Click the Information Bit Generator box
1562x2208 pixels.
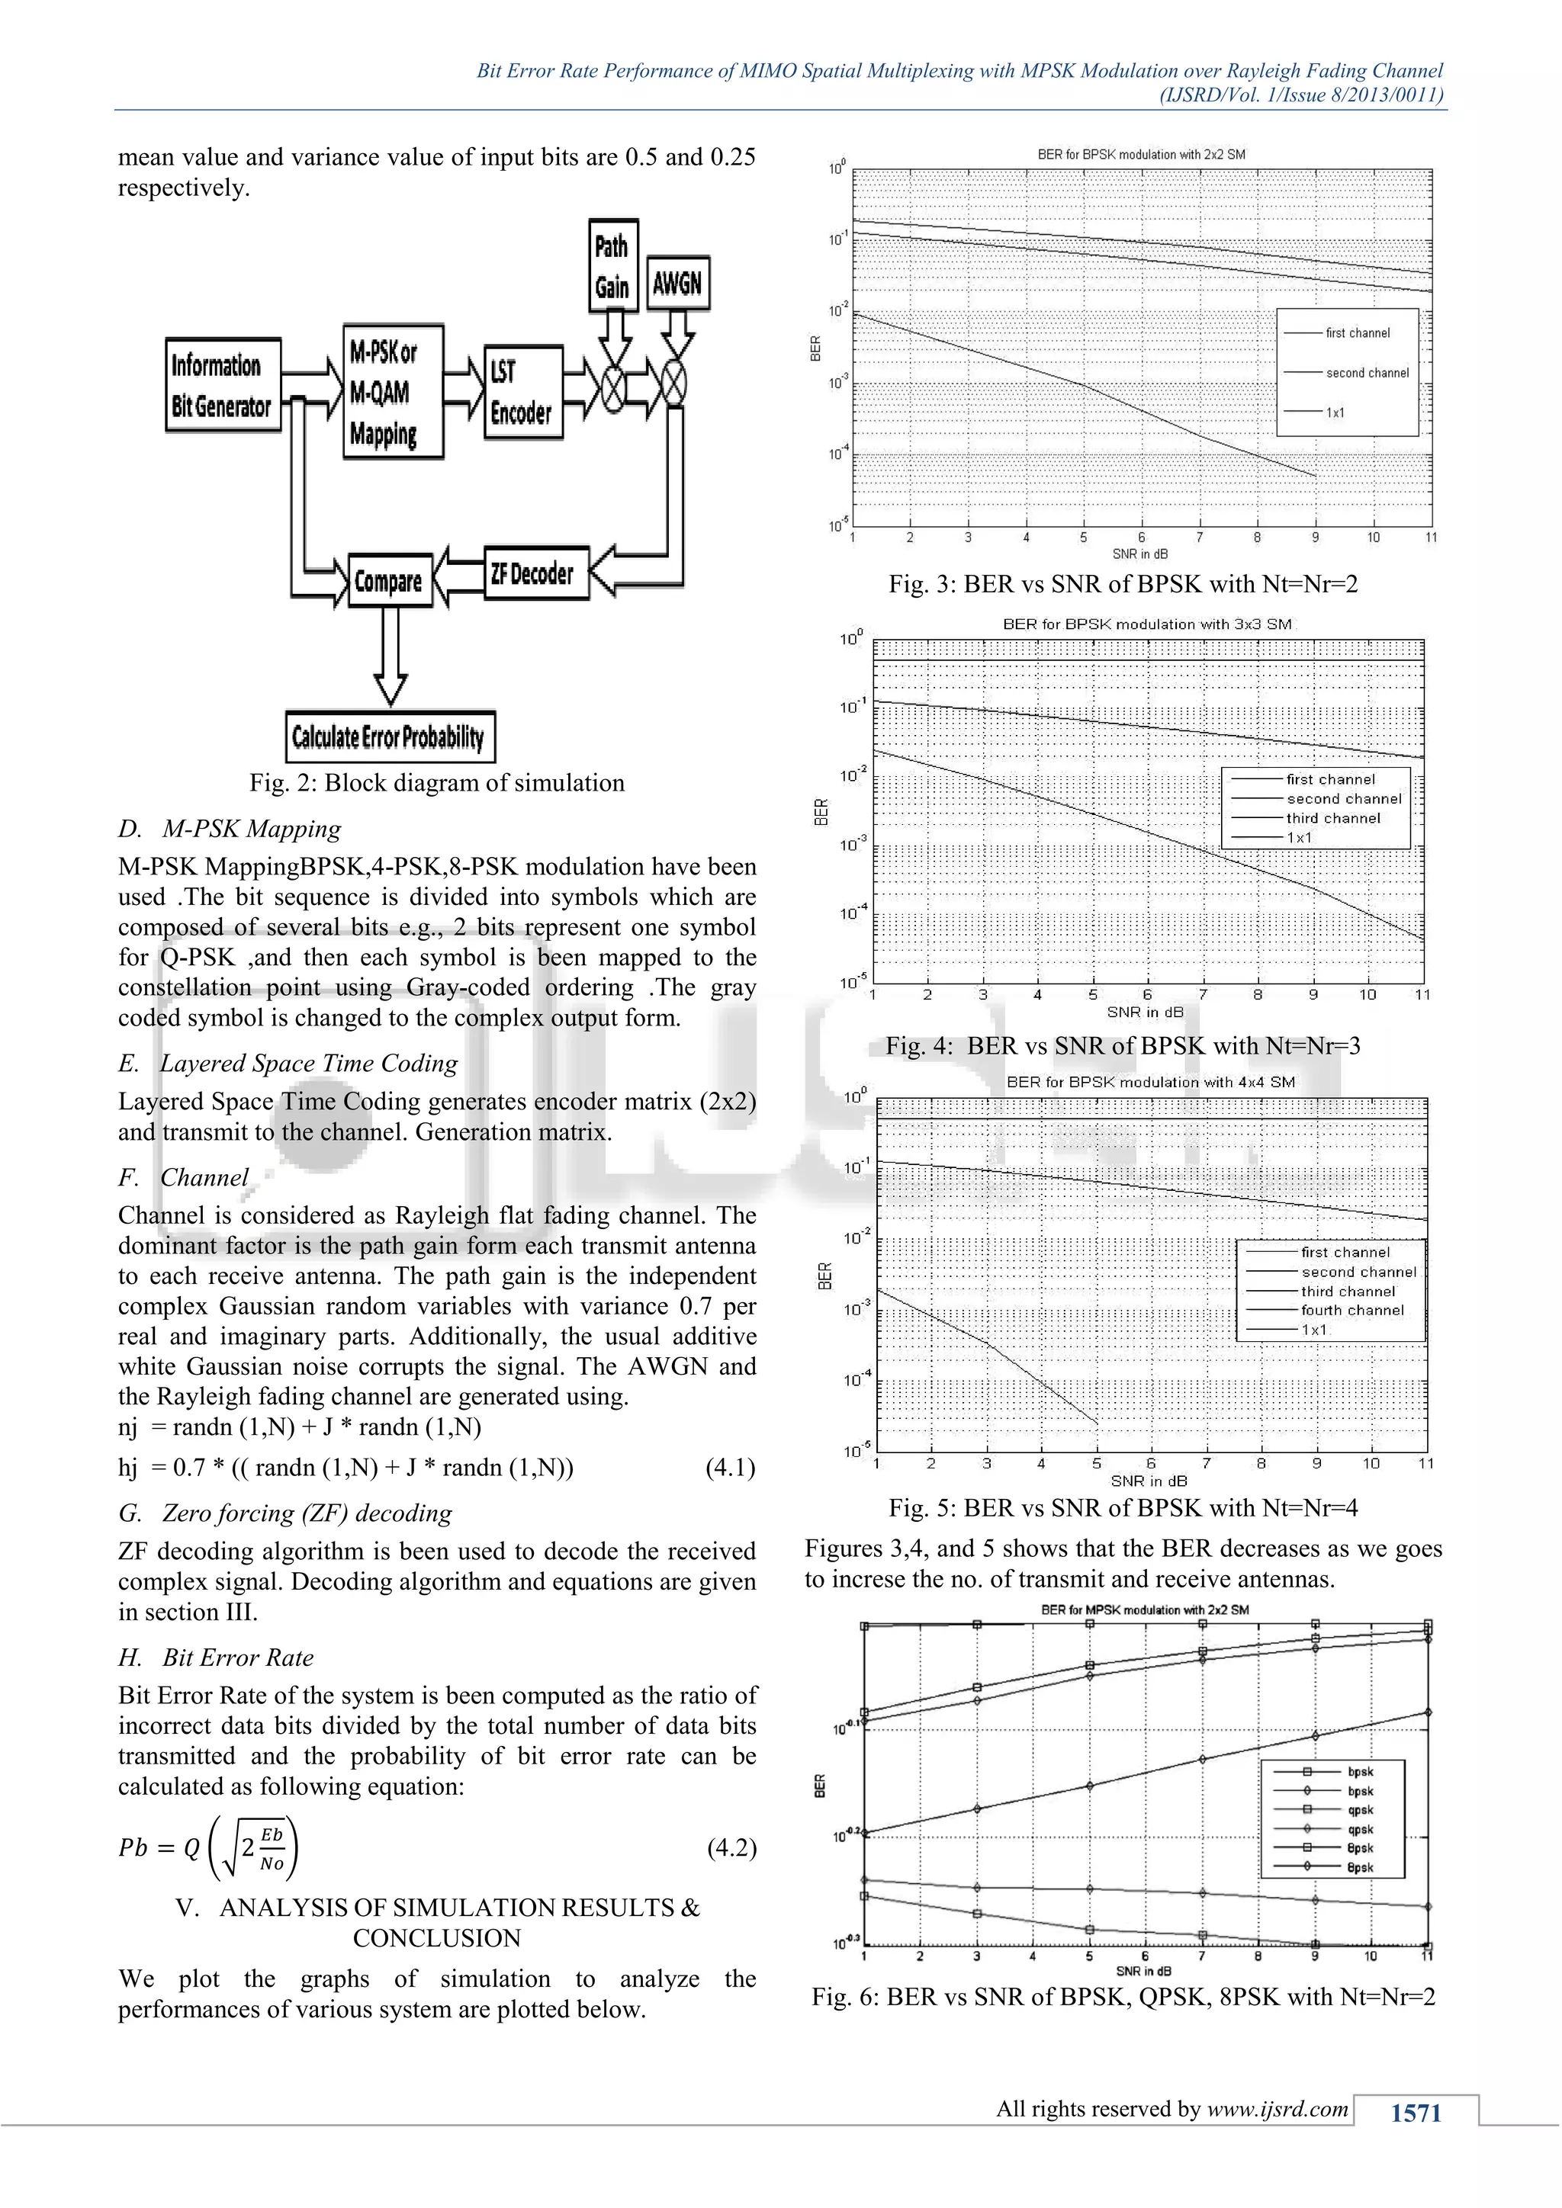click(222, 385)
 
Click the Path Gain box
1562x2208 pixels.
click(612, 265)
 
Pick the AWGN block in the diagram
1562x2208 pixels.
click(678, 283)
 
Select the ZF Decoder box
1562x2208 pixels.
click(535, 574)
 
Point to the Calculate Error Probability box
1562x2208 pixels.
click(390, 737)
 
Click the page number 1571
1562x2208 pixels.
click(1416, 2112)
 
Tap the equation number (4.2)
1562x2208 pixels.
click(731, 1847)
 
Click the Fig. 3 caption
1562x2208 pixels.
click(1123, 584)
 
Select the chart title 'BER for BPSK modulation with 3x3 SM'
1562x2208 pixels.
click(1146, 624)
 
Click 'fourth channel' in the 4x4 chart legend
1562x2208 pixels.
click(1351, 1310)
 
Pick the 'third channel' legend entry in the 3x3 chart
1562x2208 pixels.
click(1333, 818)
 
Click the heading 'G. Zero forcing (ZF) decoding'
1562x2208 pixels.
click(286, 1513)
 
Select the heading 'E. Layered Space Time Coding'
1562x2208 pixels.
click(288, 1063)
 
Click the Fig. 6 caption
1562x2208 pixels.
click(1123, 1997)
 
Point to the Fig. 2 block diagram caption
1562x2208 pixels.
click(437, 783)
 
